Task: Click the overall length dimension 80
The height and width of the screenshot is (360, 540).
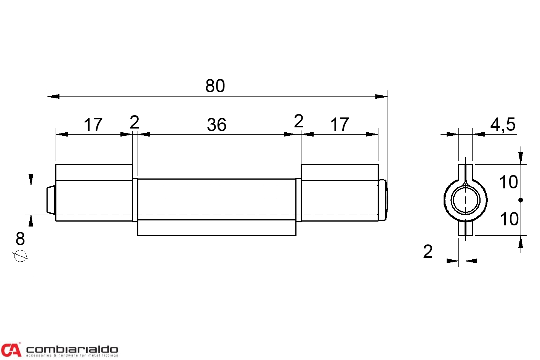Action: pos(215,86)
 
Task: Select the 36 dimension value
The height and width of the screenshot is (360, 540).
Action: pos(216,125)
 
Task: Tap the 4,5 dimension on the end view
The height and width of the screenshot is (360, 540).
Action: pos(503,125)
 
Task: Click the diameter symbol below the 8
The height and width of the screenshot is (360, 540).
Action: pos(20,256)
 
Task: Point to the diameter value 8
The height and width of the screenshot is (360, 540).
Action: pos(20,239)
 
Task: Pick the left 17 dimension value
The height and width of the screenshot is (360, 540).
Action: pos(93,125)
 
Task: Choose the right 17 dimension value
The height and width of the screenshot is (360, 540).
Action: pos(340,124)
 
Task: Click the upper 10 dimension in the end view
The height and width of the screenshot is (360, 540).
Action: pos(508,182)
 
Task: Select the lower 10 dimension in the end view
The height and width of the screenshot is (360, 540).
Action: pos(509,219)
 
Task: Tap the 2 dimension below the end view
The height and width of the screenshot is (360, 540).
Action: pos(428,252)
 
